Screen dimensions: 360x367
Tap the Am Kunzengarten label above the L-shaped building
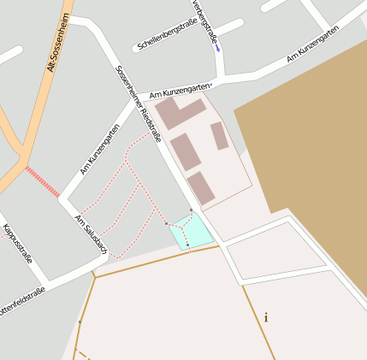181,90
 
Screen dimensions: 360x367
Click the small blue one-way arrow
217,48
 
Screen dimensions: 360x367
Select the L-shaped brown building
178,113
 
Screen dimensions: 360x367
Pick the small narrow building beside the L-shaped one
220,136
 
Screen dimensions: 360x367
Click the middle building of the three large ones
186,151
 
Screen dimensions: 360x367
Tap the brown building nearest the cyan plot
201,187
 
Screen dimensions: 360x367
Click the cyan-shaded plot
192,229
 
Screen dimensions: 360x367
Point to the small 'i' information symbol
266,317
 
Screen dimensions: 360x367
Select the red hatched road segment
42,182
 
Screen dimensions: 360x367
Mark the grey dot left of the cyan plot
166,223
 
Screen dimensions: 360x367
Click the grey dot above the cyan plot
191,209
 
